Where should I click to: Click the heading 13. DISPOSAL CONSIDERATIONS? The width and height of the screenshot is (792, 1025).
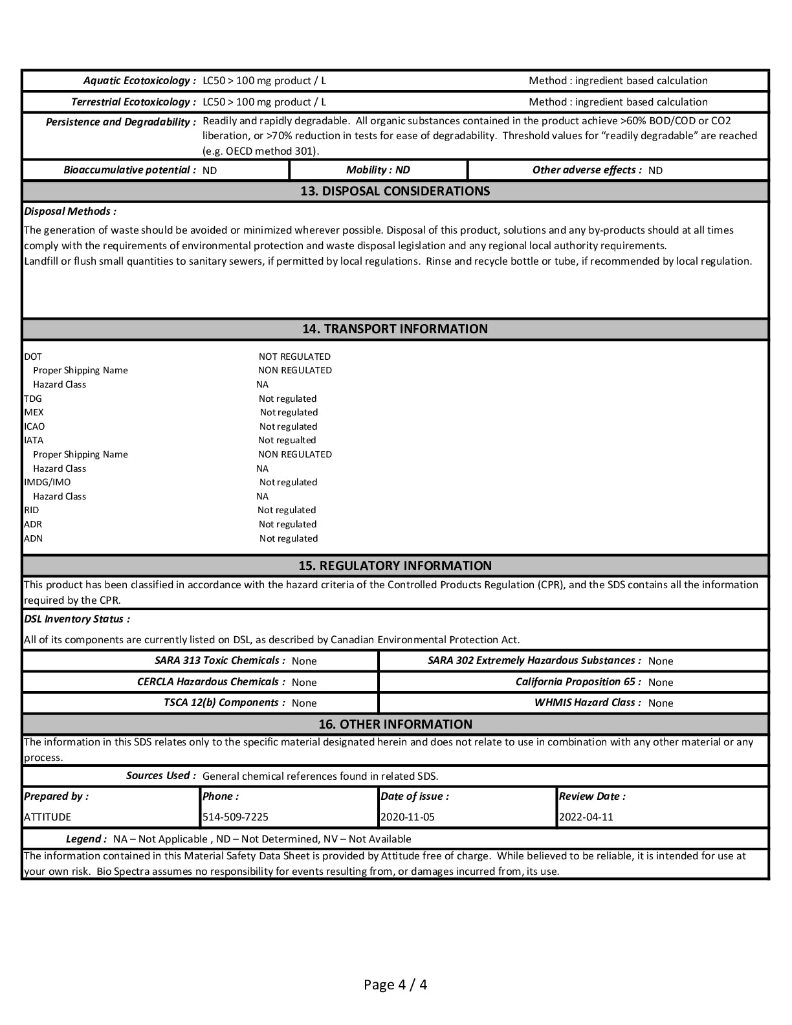(x=395, y=192)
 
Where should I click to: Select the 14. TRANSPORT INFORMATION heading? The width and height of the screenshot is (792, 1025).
(x=395, y=329)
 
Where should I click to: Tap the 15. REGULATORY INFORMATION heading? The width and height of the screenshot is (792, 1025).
(x=395, y=566)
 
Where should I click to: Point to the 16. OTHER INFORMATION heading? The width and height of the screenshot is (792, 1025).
(x=395, y=724)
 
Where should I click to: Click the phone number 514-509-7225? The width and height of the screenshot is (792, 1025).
(x=236, y=817)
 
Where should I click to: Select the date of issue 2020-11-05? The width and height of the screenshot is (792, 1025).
(x=408, y=817)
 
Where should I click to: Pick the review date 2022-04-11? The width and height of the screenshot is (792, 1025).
(x=586, y=817)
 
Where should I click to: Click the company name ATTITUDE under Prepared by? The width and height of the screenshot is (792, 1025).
(x=47, y=817)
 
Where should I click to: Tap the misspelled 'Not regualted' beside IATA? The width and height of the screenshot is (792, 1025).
(x=287, y=441)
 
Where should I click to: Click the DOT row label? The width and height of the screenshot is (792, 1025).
(x=33, y=357)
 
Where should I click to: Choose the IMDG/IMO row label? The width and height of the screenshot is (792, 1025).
(x=47, y=482)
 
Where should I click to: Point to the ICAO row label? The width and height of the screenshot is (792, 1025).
(x=34, y=426)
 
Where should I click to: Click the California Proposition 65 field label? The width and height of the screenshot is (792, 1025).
(x=578, y=682)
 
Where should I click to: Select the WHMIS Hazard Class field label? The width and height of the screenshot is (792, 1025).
(x=588, y=703)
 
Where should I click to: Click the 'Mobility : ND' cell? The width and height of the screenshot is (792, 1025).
(x=378, y=170)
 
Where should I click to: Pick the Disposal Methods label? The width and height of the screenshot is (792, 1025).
(x=70, y=212)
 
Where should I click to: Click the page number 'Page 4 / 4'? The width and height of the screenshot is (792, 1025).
(x=395, y=985)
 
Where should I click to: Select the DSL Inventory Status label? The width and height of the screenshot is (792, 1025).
(x=76, y=619)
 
